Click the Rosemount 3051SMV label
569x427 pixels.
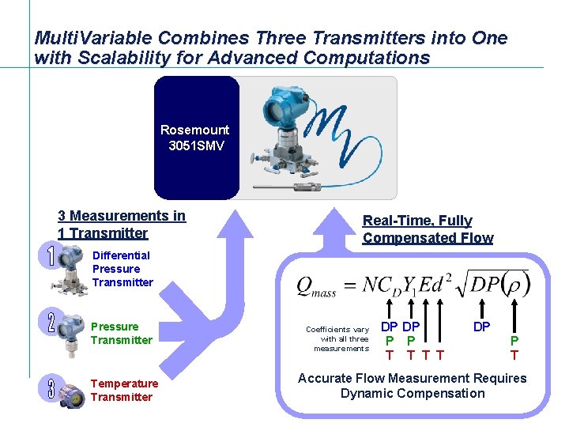click(195, 138)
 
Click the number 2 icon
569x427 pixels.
click(51, 321)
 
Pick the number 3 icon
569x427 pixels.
click(51, 388)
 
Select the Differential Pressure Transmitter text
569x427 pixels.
click(122, 269)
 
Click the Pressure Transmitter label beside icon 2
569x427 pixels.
click(121, 333)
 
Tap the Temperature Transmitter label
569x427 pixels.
click(124, 390)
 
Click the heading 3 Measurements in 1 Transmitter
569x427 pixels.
click(121, 224)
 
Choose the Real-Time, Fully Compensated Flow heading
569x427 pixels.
click(428, 229)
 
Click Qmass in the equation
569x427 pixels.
click(315, 286)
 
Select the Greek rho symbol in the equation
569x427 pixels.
click(513, 283)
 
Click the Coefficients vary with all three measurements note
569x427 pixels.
click(338, 338)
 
